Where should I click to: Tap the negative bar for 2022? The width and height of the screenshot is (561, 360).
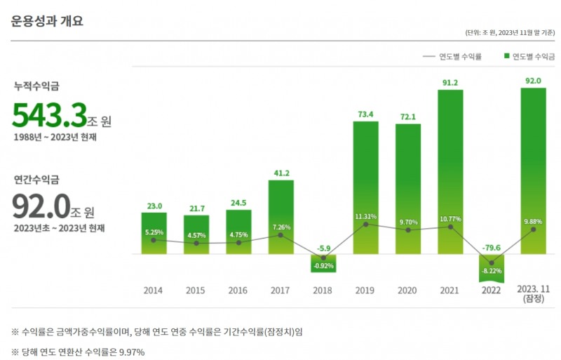pos(492,267)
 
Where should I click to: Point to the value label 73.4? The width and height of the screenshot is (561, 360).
pos(365,114)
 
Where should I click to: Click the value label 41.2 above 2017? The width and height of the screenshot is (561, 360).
pos(280,173)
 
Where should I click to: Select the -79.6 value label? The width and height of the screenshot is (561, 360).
pos(492,247)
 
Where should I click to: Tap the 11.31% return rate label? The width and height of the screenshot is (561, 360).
pos(365,216)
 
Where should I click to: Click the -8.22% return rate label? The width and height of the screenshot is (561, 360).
pos(492,269)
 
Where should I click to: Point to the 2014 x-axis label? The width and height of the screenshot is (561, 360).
pos(154,290)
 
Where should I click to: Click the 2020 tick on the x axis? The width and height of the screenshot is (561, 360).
pos(407,290)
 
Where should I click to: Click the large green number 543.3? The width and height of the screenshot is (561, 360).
pos(49,115)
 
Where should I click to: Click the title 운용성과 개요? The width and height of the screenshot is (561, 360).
pos(47,21)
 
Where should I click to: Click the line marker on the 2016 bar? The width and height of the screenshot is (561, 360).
pos(238,243)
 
